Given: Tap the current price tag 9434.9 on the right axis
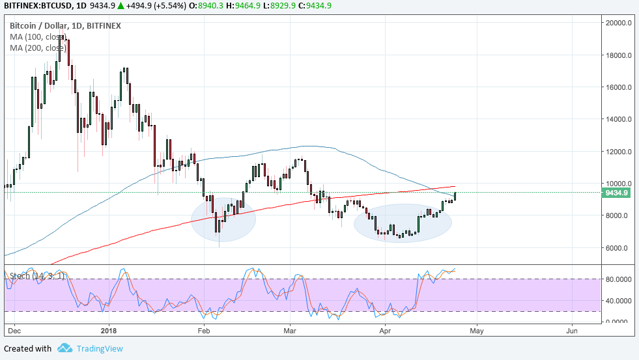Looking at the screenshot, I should pos(616,193).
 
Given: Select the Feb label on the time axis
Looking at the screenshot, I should pos(204,330).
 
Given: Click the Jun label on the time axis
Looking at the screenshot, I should pos(572,330).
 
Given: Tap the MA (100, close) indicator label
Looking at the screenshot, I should pos(38,36).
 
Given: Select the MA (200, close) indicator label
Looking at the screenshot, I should pos(38,48).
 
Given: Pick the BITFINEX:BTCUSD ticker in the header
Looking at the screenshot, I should pos(40,7).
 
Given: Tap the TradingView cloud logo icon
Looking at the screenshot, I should pos(64,348).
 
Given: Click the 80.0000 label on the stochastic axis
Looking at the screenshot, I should pos(618,279).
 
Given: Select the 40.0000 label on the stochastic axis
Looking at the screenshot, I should pos(618,301).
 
